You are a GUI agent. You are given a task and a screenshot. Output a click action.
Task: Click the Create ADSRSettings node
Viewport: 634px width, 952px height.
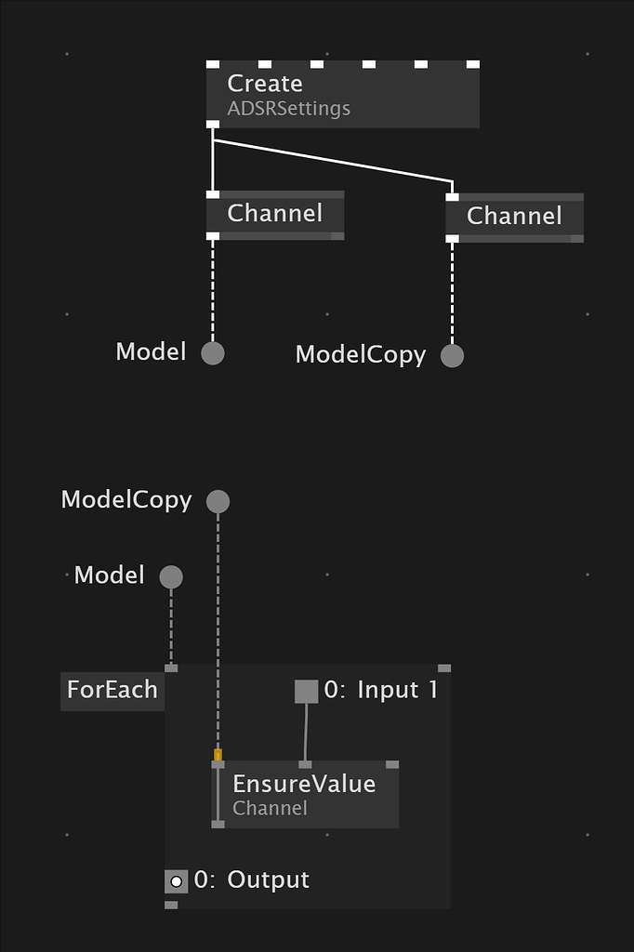[x=342, y=94]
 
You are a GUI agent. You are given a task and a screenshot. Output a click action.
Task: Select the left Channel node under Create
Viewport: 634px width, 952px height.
[x=275, y=214]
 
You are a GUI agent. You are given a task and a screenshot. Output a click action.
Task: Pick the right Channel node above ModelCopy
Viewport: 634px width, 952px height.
[x=514, y=217]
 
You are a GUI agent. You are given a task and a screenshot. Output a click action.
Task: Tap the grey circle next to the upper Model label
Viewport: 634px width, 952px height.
[x=213, y=353]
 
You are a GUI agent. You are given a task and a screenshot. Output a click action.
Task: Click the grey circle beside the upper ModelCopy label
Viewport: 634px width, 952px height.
[x=452, y=356]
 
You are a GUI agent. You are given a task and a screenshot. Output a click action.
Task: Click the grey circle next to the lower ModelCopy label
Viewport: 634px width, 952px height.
[x=218, y=501]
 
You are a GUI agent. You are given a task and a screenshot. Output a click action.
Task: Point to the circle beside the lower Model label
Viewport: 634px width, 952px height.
[x=171, y=577]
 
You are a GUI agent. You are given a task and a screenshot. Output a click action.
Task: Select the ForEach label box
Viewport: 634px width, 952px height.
[x=112, y=691]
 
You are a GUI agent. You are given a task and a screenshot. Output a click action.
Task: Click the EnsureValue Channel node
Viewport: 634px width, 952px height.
[x=305, y=795]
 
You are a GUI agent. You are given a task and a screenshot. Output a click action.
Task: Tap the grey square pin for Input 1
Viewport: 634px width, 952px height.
[x=306, y=692]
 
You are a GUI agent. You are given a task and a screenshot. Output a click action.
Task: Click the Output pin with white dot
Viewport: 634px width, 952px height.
[x=176, y=881]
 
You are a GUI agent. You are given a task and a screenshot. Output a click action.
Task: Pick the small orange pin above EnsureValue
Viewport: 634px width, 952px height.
[x=218, y=755]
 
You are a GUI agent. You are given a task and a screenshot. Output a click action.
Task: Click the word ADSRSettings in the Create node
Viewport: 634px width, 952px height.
[x=288, y=109]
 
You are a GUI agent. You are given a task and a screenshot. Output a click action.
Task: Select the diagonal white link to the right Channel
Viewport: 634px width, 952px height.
[x=335, y=160]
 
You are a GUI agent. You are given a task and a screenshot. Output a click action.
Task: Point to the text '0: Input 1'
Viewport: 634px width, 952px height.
[x=381, y=691]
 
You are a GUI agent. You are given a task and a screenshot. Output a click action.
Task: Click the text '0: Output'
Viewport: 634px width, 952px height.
[x=252, y=880]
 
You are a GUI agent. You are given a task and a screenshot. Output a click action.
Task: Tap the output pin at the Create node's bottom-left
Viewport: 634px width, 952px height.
[x=213, y=125]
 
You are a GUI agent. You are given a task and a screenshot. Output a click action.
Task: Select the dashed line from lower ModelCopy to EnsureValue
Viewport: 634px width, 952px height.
[x=218, y=632]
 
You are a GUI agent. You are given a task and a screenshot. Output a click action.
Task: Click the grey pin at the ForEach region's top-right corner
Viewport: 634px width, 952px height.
[x=444, y=668]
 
